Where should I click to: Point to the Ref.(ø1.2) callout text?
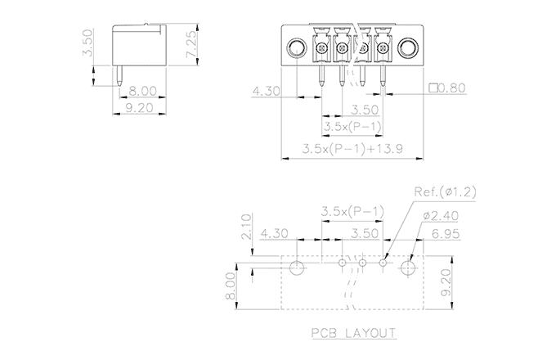(x=445, y=192)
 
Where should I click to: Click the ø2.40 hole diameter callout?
(x=443, y=216)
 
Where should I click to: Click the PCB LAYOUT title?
(x=353, y=334)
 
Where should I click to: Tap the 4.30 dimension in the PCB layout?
(x=275, y=233)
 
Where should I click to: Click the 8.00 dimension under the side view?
(x=142, y=90)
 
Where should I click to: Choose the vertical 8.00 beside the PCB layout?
(x=231, y=286)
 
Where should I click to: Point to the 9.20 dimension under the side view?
(x=142, y=106)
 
